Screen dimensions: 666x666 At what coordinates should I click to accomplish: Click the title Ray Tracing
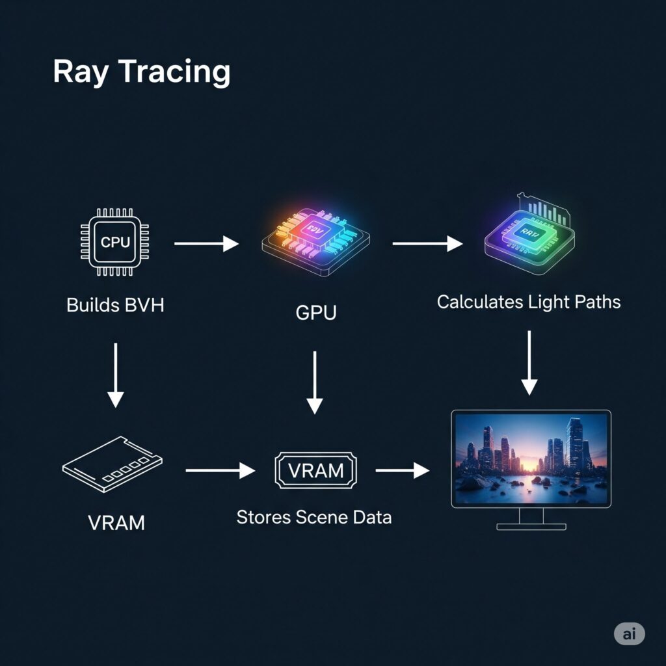click(x=141, y=72)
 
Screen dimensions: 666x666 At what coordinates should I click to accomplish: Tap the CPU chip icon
click(x=115, y=243)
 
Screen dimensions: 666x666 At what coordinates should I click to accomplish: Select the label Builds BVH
click(x=115, y=304)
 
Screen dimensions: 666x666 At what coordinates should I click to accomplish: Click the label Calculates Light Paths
click(x=528, y=302)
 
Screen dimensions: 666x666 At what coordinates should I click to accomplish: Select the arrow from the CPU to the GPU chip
click(x=207, y=244)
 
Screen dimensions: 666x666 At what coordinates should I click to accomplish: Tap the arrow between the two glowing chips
click(x=427, y=244)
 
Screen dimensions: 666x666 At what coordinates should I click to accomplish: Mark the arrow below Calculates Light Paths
click(x=529, y=362)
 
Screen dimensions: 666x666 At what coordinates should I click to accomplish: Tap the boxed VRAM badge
click(x=316, y=470)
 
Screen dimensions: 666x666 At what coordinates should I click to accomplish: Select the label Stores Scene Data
click(x=313, y=518)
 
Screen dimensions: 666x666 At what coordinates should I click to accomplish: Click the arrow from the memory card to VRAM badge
click(x=220, y=470)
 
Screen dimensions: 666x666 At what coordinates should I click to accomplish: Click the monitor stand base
click(x=531, y=526)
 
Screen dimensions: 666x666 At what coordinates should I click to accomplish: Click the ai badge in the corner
click(x=629, y=634)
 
